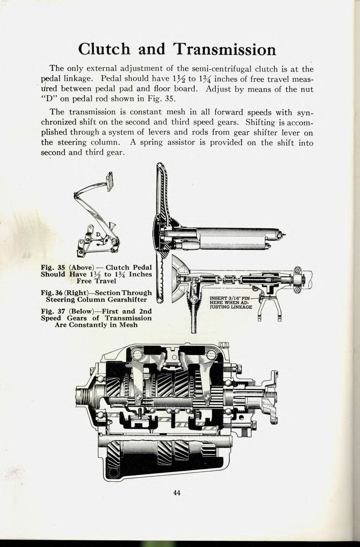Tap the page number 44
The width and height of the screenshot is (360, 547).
point(176,493)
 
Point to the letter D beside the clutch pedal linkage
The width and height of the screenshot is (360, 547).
point(98,234)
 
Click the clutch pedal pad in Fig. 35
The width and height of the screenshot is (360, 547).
point(109,182)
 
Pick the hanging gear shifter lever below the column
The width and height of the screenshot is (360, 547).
point(194,316)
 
